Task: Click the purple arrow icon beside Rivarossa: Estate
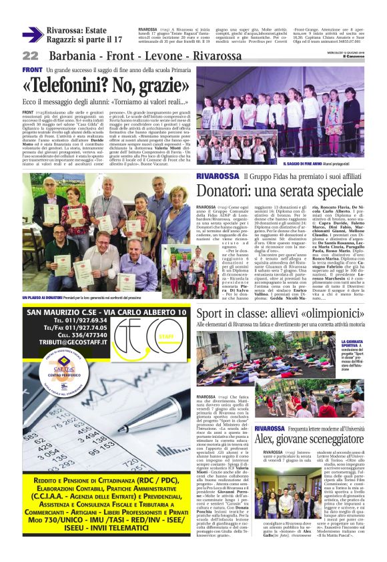coord(33,35)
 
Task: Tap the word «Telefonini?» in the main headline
coord(68,85)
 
